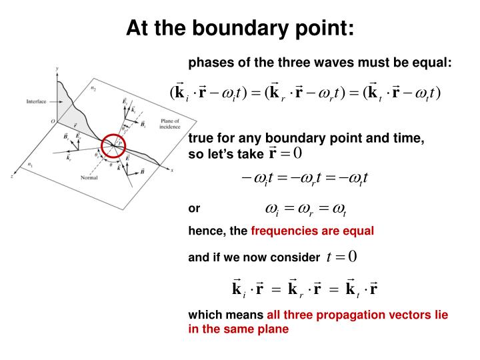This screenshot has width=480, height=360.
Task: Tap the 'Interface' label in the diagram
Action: [36, 101]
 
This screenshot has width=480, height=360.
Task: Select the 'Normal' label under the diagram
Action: [89, 177]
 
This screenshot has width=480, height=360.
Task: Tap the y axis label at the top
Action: [57, 68]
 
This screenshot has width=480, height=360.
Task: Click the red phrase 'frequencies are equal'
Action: [313, 231]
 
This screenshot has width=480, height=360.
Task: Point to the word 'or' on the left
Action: [194, 209]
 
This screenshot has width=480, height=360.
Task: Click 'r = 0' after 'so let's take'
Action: [285, 153]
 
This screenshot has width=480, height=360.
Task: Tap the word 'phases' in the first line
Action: [207, 63]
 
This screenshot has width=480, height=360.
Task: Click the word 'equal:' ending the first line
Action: [435, 63]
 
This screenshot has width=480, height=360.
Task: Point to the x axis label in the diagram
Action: [172, 171]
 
